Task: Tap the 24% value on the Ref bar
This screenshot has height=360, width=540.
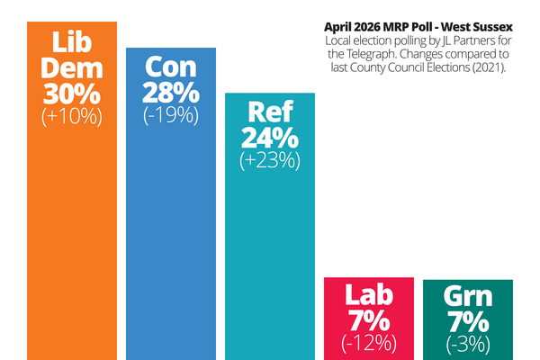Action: [269, 139]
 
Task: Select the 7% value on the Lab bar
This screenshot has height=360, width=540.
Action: [369, 320]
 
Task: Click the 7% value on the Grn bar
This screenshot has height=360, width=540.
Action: [467, 320]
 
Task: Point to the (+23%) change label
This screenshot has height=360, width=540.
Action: [269, 161]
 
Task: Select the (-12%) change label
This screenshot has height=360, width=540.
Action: [369, 342]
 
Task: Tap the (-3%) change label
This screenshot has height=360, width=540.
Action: [467, 342]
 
